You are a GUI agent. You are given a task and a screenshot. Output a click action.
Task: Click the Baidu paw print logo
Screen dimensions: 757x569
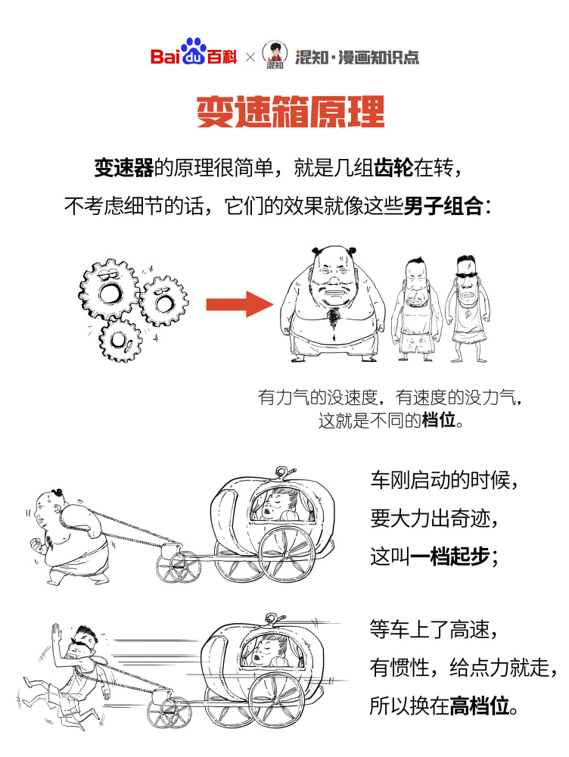point(197,52)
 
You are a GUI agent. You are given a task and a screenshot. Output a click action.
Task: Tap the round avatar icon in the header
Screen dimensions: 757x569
point(275,54)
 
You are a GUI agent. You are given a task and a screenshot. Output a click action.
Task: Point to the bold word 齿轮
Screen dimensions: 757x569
point(393,168)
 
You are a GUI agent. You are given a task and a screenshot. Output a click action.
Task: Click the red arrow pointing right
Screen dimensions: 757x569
point(238,305)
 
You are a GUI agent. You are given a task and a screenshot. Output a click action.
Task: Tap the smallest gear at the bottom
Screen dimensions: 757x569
point(121,340)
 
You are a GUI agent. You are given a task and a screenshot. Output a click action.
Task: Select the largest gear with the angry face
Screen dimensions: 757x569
point(110,284)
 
